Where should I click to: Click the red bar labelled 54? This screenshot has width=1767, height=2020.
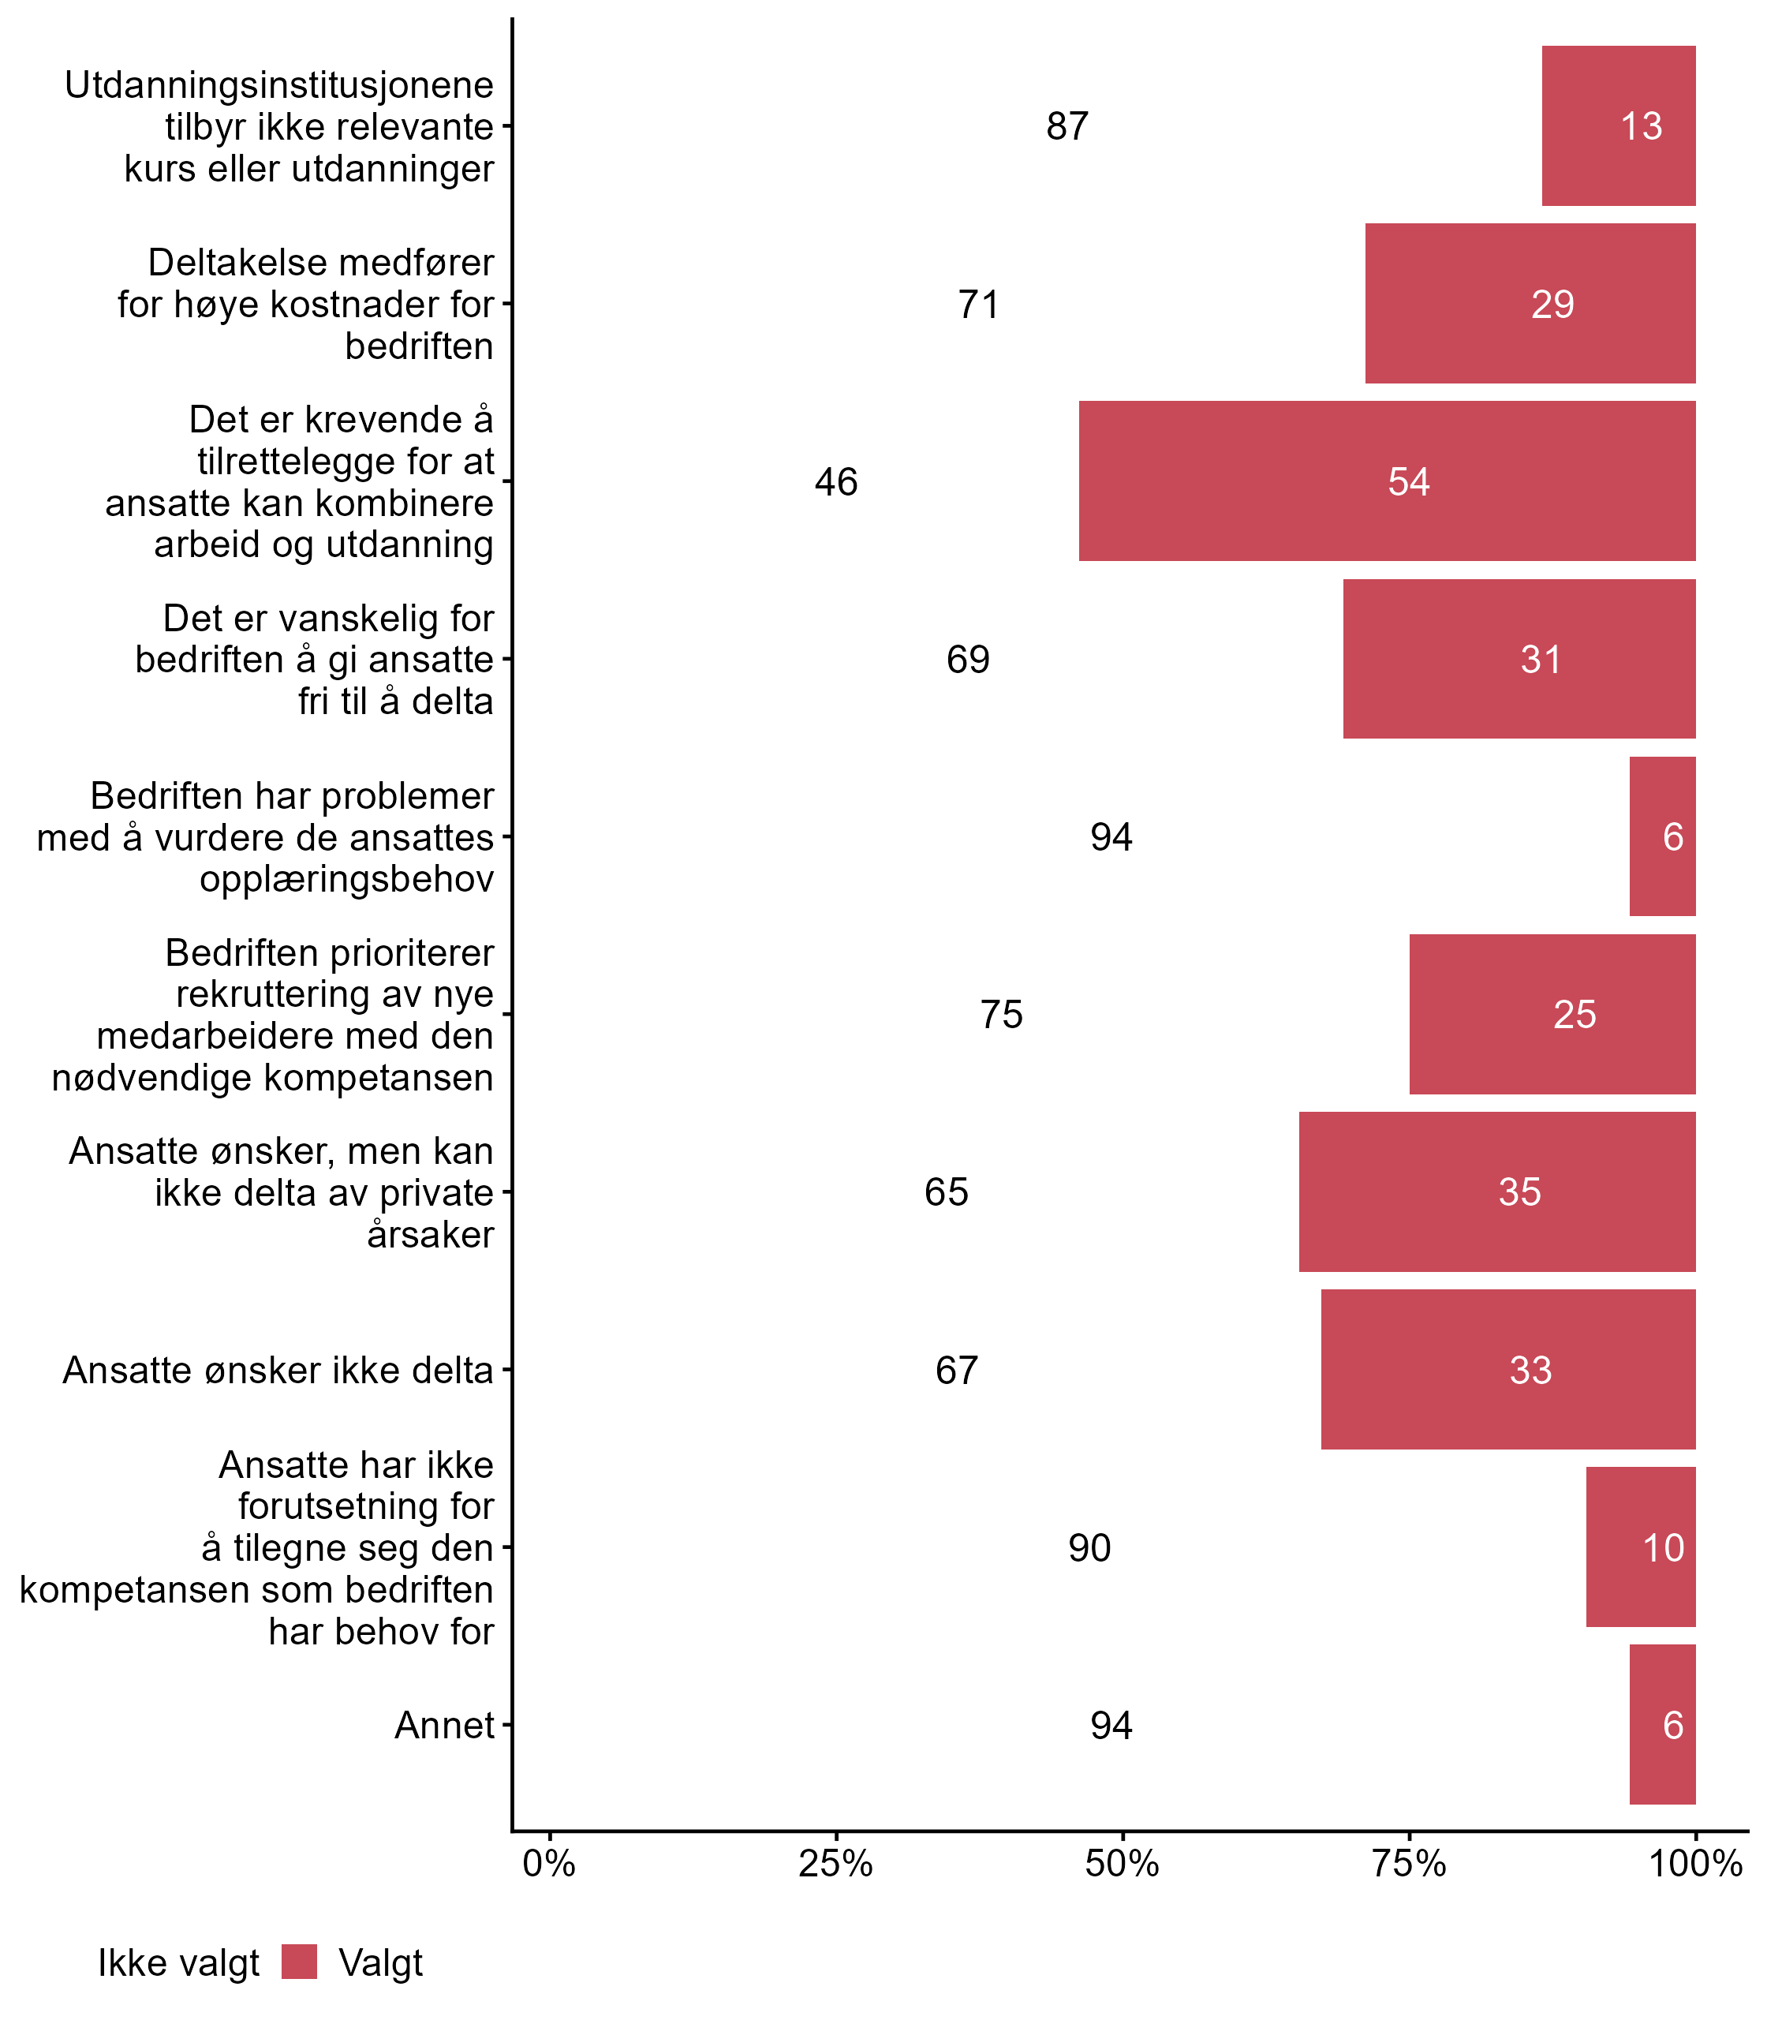[x=1387, y=481]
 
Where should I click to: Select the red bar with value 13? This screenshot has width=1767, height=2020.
[x=1618, y=126]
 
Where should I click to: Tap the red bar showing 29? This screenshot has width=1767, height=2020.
[x=1530, y=304]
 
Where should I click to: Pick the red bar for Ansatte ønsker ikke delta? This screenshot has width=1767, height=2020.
[x=1507, y=1370]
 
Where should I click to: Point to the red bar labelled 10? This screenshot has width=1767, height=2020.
[x=1640, y=1547]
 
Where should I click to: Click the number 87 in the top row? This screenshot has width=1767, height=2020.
[x=1067, y=126]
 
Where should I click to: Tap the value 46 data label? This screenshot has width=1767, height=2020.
[x=836, y=482]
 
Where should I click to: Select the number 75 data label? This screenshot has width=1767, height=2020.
[x=1001, y=1015]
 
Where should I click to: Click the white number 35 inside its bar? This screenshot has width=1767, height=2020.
[x=1519, y=1192]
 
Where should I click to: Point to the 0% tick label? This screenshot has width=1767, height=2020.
[x=549, y=1864]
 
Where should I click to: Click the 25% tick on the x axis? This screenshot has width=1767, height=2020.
[x=836, y=1864]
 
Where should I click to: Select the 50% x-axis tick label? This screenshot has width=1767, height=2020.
[x=1122, y=1864]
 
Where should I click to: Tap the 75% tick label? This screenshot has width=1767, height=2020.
[x=1409, y=1864]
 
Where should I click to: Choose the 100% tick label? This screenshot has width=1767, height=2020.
[x=1695, y=1864]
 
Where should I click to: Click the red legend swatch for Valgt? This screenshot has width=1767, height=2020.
[x=299, y=1962]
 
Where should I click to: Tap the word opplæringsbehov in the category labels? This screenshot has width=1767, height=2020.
[x=346, y=879]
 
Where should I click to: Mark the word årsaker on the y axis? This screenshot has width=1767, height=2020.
[x=430, y=1235]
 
